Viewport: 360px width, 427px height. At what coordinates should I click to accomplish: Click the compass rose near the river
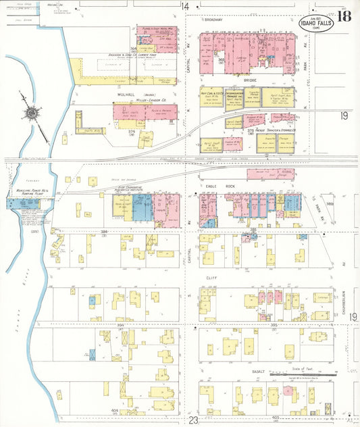coord(31,112)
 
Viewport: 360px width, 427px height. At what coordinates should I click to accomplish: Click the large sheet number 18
coord(345,16)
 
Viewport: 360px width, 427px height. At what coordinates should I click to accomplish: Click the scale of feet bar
coord(312,374)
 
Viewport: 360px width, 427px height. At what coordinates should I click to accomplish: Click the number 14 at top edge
coord(185,7)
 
